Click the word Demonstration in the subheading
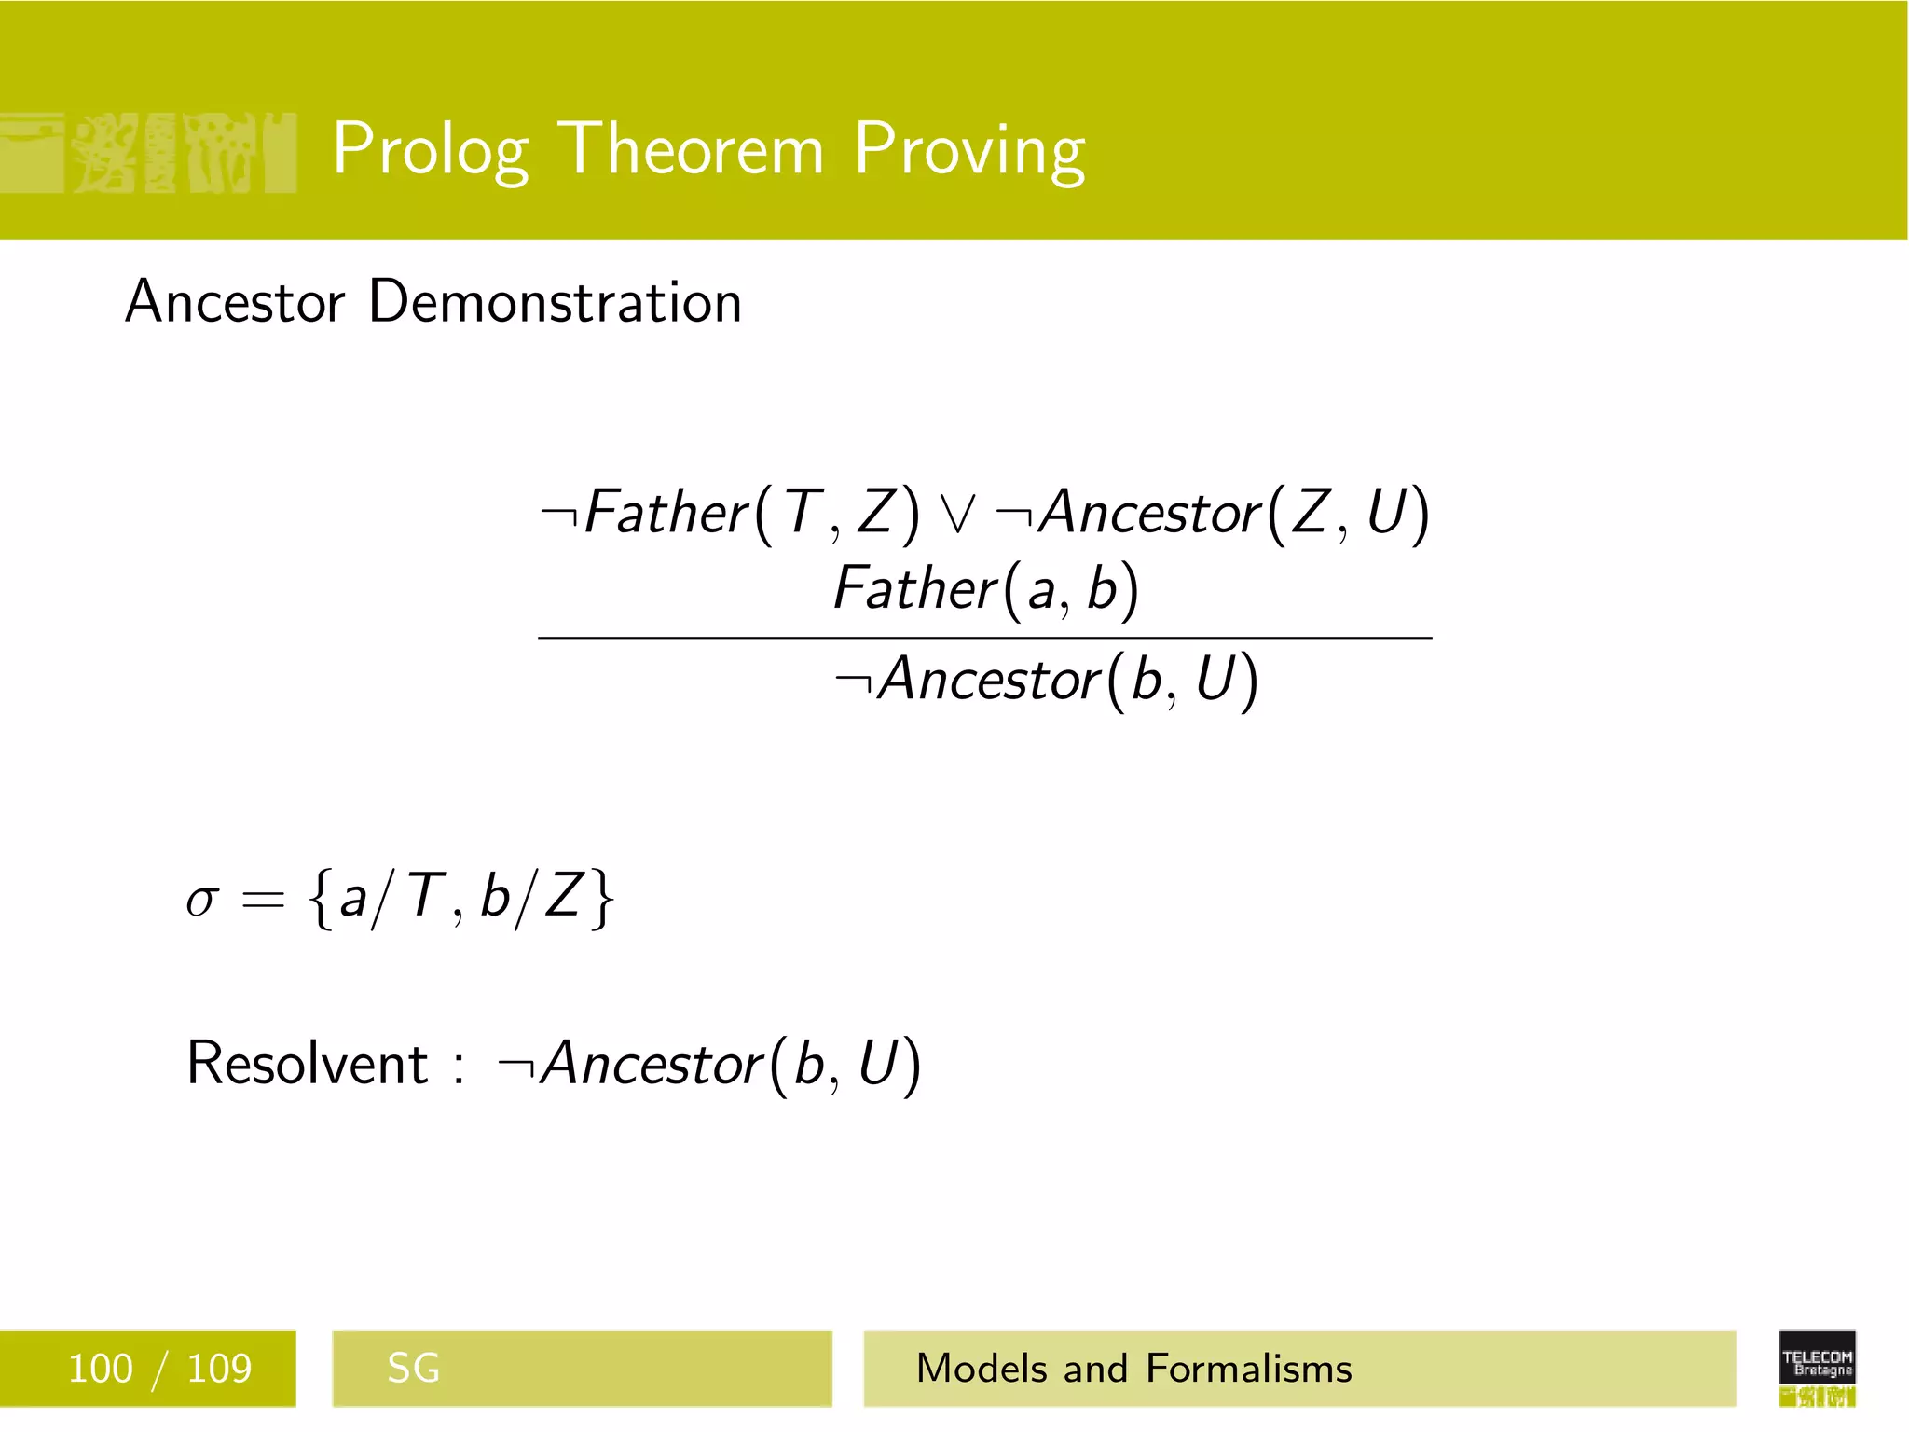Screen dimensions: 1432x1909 tap(555, 302)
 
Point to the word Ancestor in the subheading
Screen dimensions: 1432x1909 tap(235, 302)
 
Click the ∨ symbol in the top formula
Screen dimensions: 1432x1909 tap(957, 514)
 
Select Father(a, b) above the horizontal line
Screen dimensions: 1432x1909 tap(985, 589)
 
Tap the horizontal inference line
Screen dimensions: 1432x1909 tap(984, 638)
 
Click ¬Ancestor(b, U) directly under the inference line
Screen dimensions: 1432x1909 tap(1047, 680)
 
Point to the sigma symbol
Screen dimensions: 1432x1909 tap(201, 900)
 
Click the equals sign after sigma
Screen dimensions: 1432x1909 tap(262, 900)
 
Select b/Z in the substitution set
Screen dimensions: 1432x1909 tap(531, 898)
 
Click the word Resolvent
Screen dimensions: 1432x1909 tap(307, 1063)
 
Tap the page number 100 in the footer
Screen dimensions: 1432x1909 tap(101, 1369)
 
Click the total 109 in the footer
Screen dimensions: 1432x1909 tap(219, 1369)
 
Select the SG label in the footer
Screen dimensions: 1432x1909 tap(413, 1369)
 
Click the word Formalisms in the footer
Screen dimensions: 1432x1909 tap(1248, 1369)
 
